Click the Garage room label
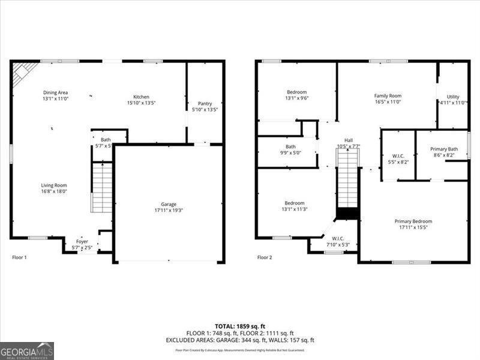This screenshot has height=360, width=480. click(168, 205)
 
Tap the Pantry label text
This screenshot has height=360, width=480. click(204, 103)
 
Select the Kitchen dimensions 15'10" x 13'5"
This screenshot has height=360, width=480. click(141, 103)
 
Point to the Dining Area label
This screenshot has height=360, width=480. click(55, 92)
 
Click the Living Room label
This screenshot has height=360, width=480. click(54, 185)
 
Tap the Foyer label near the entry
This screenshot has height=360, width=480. click(82, 241)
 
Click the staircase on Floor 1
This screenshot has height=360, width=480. click(102, 187)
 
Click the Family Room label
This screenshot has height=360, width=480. click(388, 95)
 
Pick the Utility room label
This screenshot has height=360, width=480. click(452, 97)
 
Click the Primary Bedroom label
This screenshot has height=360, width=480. click(413, 221)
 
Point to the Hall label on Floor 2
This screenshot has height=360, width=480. click(349, 140)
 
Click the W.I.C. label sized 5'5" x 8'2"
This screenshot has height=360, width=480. click(398, 156)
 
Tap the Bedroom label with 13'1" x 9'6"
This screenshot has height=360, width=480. click(296, 92)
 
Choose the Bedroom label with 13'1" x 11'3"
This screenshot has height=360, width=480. click(295, 203)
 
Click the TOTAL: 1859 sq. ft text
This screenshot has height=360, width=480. click(240, 325)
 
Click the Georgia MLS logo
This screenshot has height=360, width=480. click(27, 350)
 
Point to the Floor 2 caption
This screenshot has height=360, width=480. click(265, 257)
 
